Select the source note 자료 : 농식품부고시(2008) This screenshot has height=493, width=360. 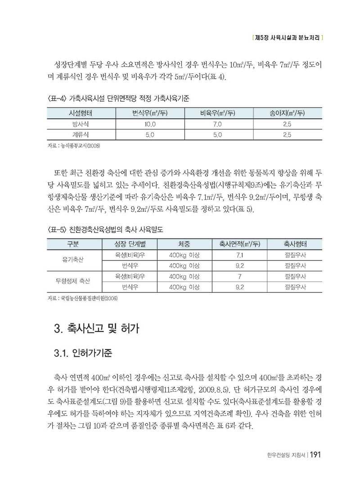pyautogui.click(x=73, y=147)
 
